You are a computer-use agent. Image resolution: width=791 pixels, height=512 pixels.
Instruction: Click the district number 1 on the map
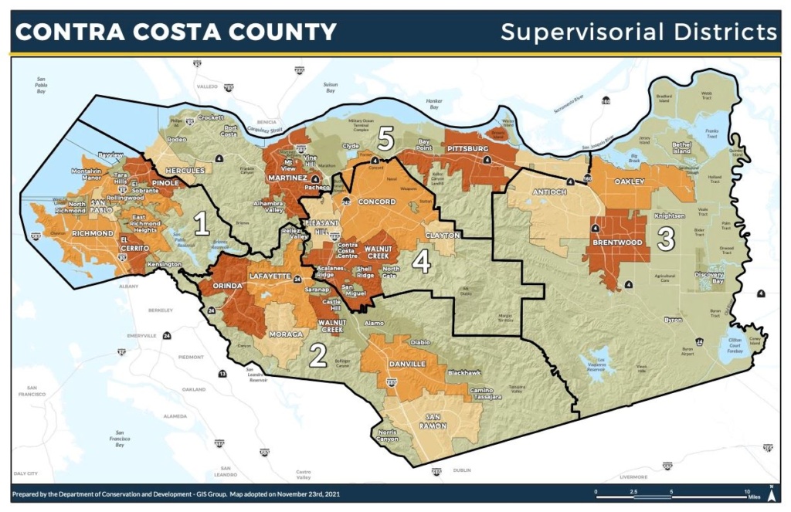click(x=202, y=224)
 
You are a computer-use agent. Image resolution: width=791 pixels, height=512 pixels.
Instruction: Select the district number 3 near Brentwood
click(x=667, y=239)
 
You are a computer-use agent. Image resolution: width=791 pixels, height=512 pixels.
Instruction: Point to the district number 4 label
click(x=421, y=262)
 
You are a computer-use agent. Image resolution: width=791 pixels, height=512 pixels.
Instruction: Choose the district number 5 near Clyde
click(x=386, y=140)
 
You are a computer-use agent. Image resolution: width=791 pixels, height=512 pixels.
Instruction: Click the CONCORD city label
click(x=378, y=202)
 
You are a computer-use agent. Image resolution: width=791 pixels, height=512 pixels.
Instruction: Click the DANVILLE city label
click(x=406, y=364)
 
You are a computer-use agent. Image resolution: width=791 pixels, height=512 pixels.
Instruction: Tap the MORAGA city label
click(x=285, y=334)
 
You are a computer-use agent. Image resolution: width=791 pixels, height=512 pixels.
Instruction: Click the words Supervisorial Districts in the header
click(x=638, y=32)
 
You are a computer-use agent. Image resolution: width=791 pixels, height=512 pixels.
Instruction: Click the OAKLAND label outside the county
click(x=193, y=390)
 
